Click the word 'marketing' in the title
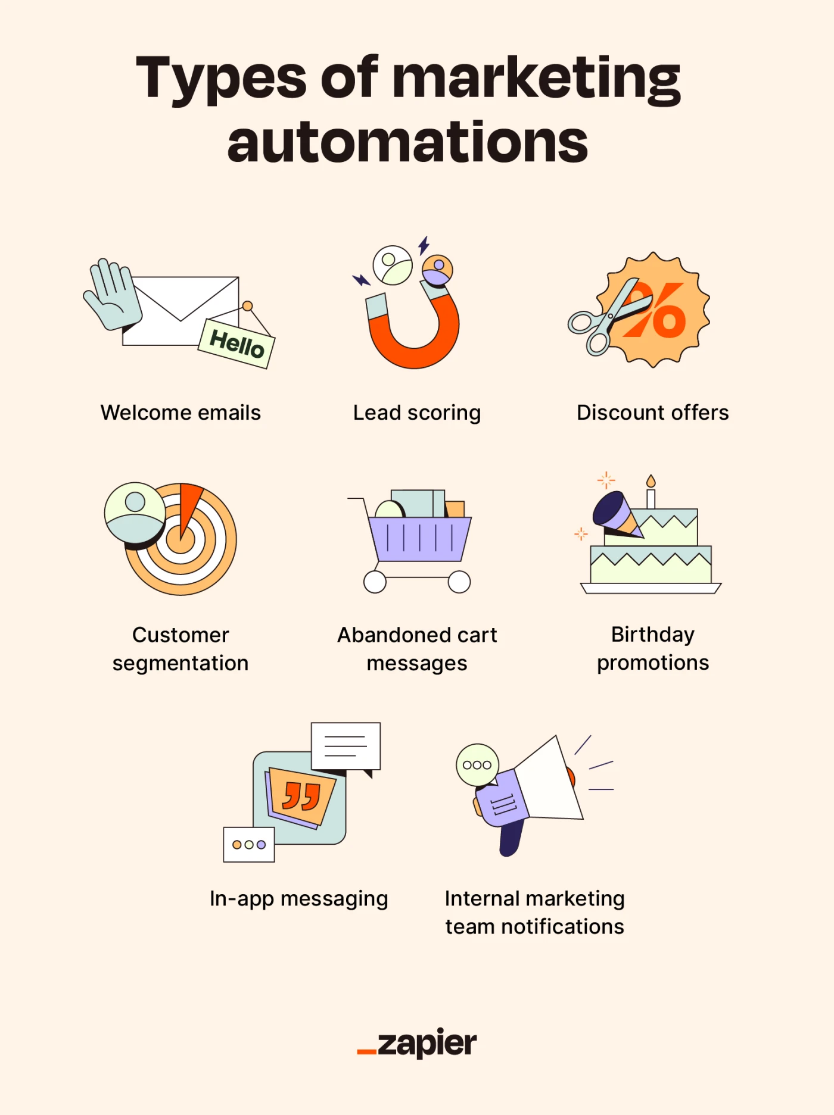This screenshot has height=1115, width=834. pyautogui.click(x=536, y=79)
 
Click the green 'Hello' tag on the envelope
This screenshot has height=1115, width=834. pyautogui.click(x=236, y=343)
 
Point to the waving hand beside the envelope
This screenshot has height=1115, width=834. pyautogui.click(x=113, y=293)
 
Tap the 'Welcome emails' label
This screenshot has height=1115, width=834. pyautogui.click(x=181, y=413)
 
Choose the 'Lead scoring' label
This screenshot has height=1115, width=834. pyautogui.click(x=417, y=413)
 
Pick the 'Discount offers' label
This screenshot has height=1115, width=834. pyautogui.click(x=652, y=413)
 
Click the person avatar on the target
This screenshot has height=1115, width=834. pyautogui.click(x=135, y=512)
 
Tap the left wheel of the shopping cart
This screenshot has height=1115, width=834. pyautogui.click(x=375, y=582)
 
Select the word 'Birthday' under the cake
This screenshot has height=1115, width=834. pyautogui.click(x=652, y=635)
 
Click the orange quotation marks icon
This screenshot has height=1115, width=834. pyautogui.click(x=302, y=797)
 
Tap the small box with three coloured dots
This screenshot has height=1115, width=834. pyautogui.click(x=249, y=844)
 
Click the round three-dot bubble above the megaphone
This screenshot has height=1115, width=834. pyautogui.click(x=477, y=765)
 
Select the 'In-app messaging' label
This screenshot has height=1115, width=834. pyautogui.click(x=298, y=898)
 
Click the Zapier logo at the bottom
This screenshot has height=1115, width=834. pyautogui.click(x=417, y=1044)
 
